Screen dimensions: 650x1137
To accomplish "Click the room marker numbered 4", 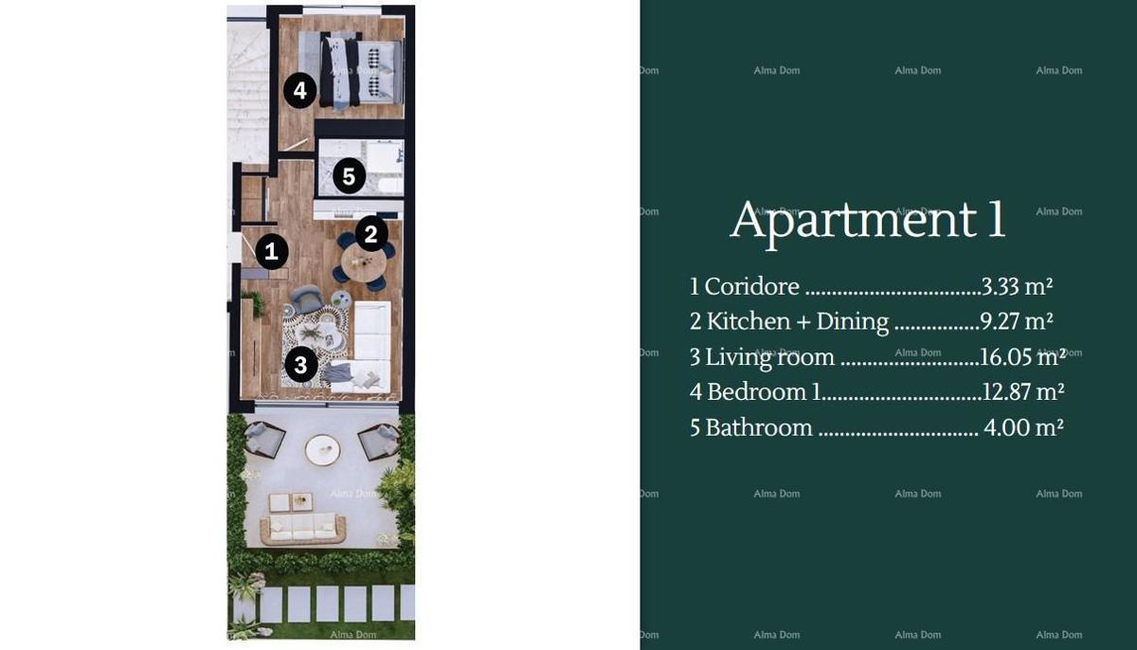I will click(299, 91).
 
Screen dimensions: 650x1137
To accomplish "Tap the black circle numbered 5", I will click(349, 175).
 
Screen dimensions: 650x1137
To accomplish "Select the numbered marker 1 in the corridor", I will click(272, 251).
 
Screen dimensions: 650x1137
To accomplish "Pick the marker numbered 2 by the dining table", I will click(371, 234).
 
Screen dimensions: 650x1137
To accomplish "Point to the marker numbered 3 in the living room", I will click(300, 364).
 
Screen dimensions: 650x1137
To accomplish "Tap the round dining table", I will click(363, 264).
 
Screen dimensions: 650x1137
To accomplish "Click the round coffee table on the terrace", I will click(322, 449).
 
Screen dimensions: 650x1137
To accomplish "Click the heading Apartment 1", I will click(867, 220).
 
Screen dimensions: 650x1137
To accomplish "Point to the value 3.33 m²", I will click(1018, 286).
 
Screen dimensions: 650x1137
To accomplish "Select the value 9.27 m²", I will click(1017, 321).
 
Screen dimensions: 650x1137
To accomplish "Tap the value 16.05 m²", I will click(1022, 356).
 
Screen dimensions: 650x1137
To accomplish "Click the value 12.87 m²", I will click(1022, 391).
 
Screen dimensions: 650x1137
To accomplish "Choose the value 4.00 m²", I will click(1023, 427).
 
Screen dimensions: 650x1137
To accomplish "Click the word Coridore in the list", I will click(752, 286).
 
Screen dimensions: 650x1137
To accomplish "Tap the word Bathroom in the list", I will click(759, 427).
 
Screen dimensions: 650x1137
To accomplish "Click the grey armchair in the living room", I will click(306, 300).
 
